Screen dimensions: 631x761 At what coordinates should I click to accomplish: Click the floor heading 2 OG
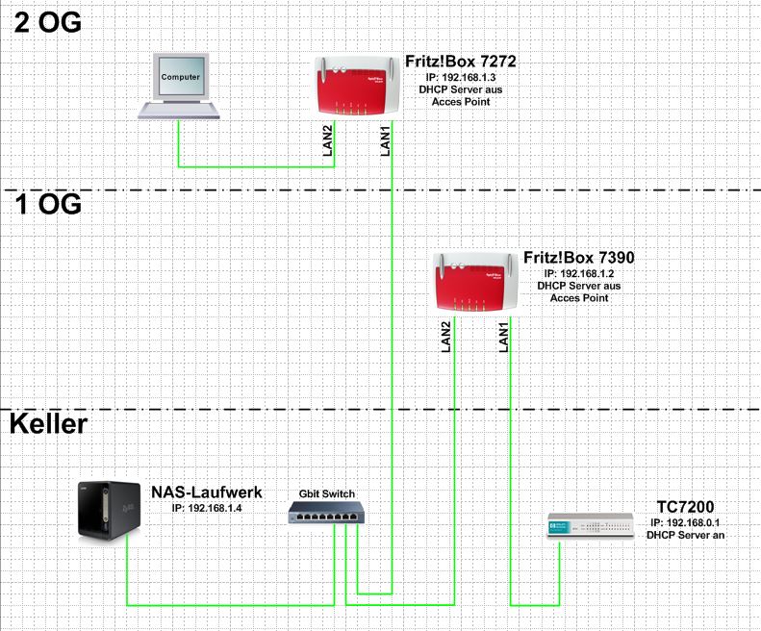pos(46,21)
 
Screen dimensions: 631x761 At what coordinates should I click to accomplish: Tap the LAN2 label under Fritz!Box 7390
pos(446,337)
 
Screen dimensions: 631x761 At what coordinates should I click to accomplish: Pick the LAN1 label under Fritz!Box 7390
pos(503,338)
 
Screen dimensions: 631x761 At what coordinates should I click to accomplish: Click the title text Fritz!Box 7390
pos(578,259)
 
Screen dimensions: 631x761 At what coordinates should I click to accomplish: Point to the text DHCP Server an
pos(685,534)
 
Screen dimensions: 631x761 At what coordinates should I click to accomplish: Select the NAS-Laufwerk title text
pos(206,493)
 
